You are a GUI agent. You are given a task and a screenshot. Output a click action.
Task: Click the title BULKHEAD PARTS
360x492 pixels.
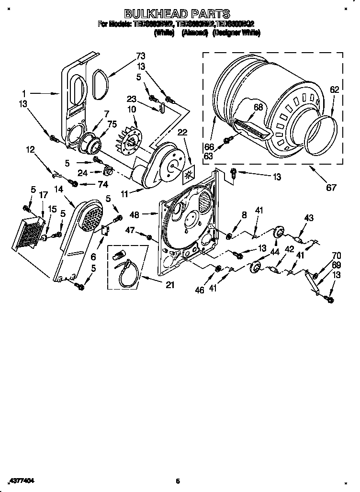[x=178, y=14]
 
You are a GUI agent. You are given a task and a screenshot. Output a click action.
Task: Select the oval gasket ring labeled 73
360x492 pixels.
[x=100, y=84]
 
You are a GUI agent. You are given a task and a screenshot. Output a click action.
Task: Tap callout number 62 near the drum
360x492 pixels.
[x=334, y=89]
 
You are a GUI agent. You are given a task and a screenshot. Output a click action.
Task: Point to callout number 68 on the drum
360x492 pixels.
[x=258, y=107]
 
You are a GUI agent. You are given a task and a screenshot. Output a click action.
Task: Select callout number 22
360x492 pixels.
[x=182, y=132]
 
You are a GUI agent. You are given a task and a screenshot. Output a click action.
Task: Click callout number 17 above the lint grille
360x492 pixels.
[x=43, y=195]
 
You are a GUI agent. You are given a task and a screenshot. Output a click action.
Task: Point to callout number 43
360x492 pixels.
[x=308, y=218]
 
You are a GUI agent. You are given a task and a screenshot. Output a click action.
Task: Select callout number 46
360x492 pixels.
[x=200, y=290]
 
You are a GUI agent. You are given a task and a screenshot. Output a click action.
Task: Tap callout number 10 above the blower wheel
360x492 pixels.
[x=131, y=110]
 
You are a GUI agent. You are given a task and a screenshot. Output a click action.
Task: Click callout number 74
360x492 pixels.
[x=102, y=184]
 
